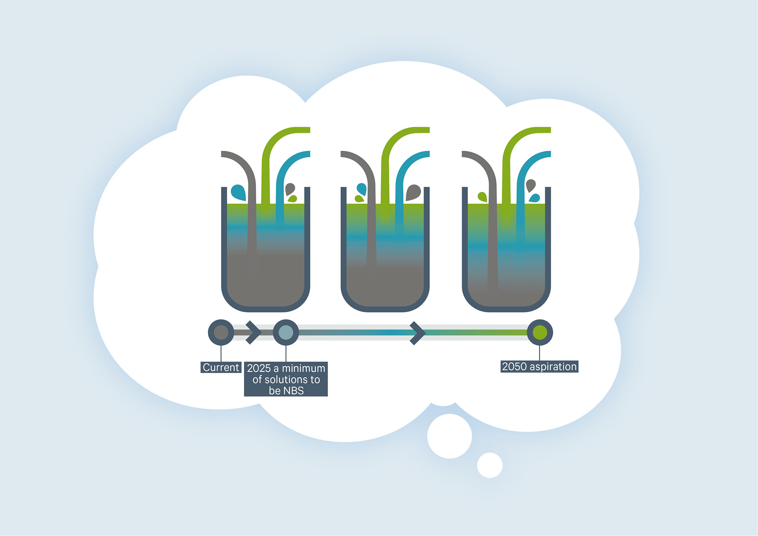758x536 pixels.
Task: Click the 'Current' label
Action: (x=221, y=367)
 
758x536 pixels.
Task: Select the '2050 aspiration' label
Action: (x=539, y=367)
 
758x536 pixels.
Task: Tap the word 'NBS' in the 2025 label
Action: (x=294, y=391)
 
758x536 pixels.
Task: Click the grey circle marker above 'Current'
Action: (x=221, y=332)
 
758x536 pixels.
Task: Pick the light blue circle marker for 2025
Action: (x=286, y=332)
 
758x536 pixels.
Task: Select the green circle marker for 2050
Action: (x=540, y=332)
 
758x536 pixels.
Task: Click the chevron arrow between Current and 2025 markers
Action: (x=253, y=332)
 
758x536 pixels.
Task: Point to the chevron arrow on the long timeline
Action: (x=417, y=333)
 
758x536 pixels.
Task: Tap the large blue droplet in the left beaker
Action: (x=238, y=192)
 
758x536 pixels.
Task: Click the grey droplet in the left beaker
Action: (x=290, y=189)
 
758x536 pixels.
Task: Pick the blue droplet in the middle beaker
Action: (x=362, y=189)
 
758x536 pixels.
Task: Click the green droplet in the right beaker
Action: (x=482, y=197)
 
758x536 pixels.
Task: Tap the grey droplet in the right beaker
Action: (x=531, y=185)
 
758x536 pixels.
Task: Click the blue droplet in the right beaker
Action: (x=535, y=198)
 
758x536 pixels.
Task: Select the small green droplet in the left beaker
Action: (x=293, y=199)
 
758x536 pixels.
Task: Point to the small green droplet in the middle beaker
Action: (x=359, y=199)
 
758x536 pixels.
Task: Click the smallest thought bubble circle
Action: (x=490, y=465)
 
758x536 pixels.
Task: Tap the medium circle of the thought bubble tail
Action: (x=449, y=436)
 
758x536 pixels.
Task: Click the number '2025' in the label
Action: (x=259, y=368)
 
